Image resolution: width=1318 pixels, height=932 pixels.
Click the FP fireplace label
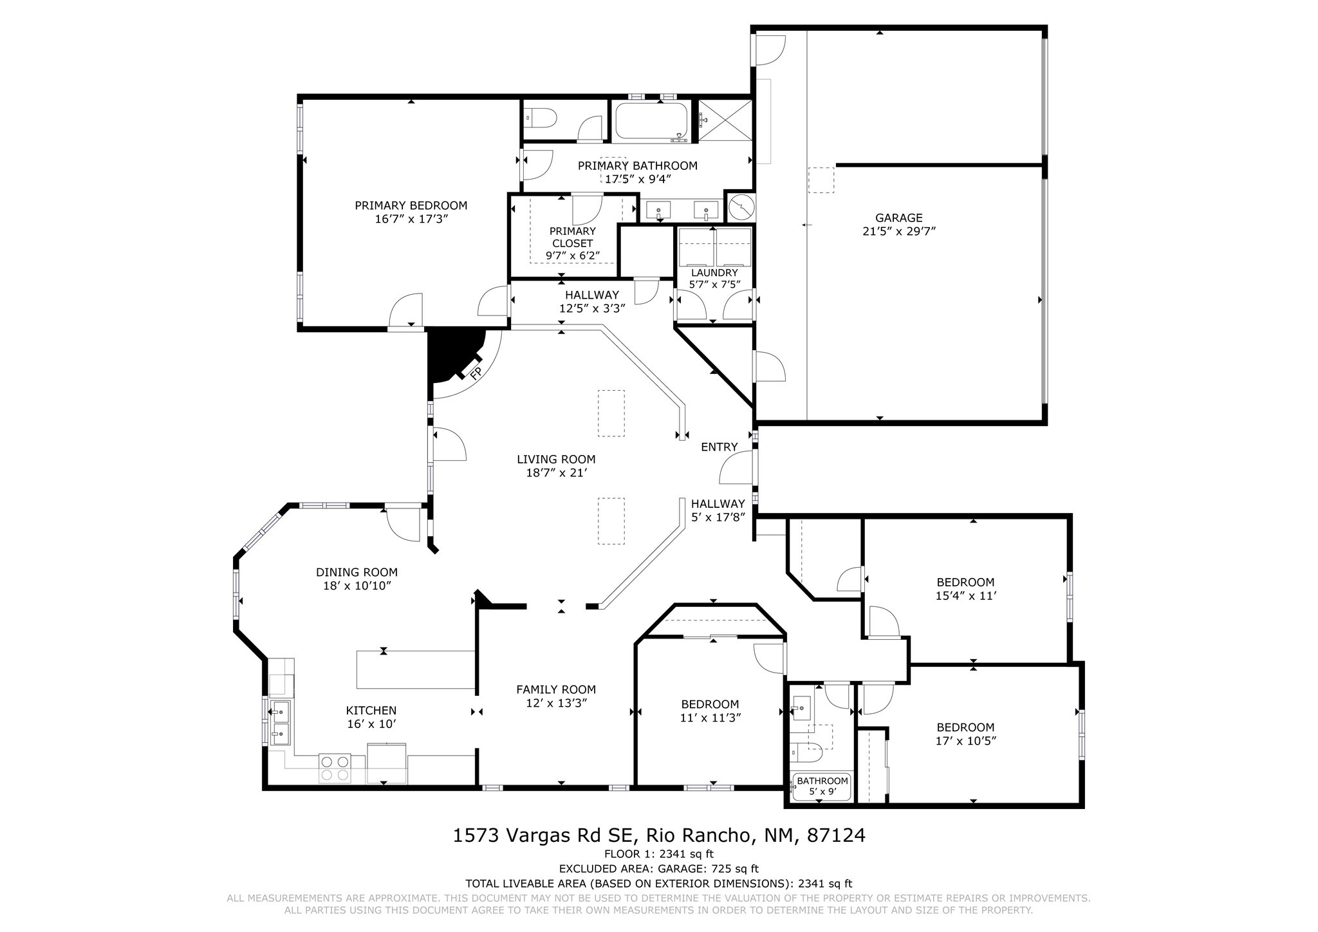click(476, 373)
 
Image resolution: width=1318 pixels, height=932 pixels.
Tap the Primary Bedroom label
click(411, 205)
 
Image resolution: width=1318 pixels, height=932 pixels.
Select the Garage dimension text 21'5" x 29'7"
click(899, 231)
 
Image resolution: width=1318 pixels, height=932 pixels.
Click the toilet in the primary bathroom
click(541, 118)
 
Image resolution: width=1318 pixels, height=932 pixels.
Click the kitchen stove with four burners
click(335, 768)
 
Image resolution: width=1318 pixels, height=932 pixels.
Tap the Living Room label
click(556, 460)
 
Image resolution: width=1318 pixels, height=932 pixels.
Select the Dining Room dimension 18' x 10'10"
click(357, 586)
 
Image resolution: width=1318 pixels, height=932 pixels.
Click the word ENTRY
click(719, 447)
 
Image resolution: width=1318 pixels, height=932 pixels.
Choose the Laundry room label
click(714, 273)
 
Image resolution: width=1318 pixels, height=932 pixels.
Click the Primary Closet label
click(573, 237)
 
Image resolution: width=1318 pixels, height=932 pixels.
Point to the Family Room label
click(556, 689)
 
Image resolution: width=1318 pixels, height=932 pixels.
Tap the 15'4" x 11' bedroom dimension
click(965, 596)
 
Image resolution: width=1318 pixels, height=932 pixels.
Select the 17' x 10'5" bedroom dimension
click(965, 741)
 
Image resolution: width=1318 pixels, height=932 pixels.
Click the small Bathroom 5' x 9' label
click(822, 786)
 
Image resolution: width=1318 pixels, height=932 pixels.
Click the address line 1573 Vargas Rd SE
click(544, 835)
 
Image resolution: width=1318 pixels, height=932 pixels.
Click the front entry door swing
click(736, 467)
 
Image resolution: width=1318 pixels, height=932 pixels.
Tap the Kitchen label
click(371, 711)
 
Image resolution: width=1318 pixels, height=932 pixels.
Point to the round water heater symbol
click(741, 207)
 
